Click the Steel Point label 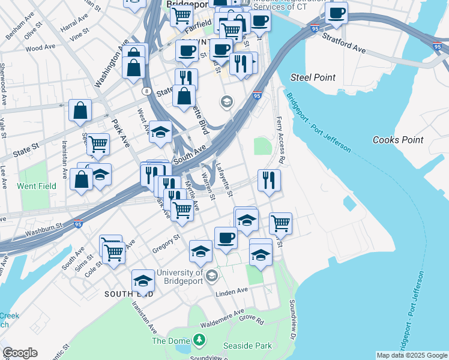(313, 77)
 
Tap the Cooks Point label (398, 140)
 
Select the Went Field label (37, 186)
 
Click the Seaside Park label (247, 346)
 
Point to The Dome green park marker (199, 341)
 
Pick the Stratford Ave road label (343, 42)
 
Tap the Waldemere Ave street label (223, 316)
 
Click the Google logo (20, 353)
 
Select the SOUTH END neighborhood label (128, 294)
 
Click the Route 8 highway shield (146, 91)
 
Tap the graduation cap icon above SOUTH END (143, 280)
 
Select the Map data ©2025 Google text (412, 355)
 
